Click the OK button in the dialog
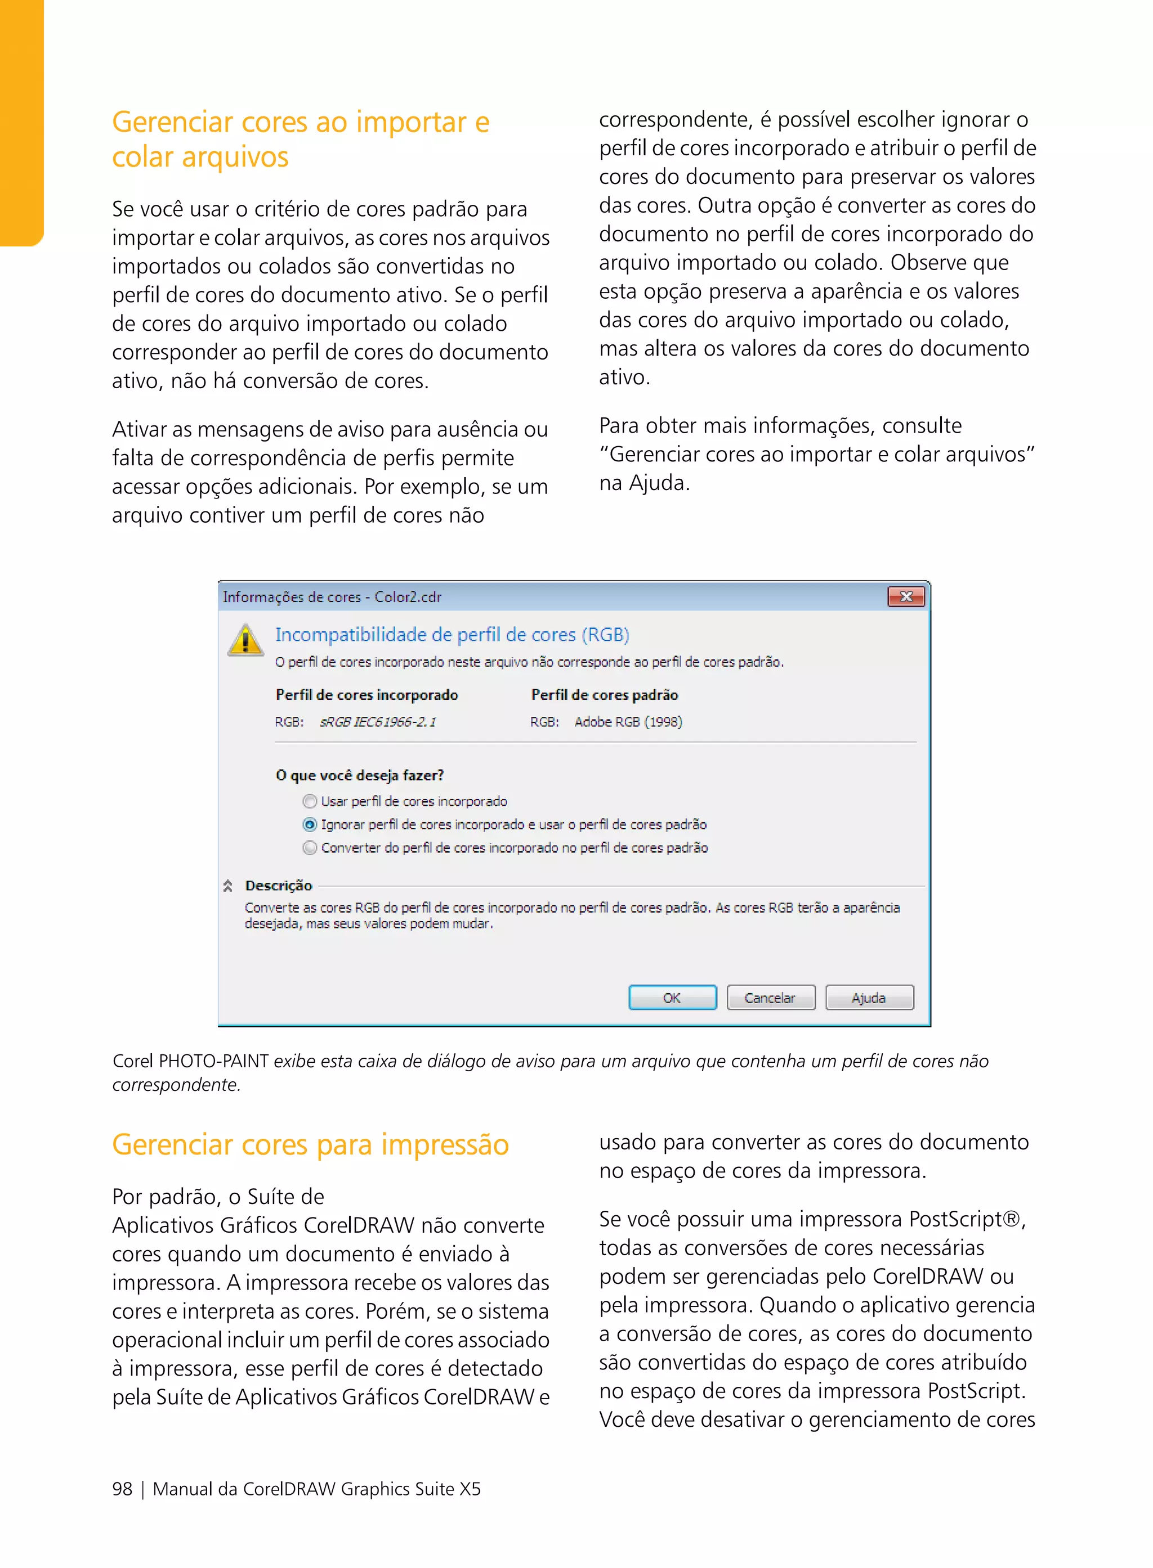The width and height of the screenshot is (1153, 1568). pos(672,998)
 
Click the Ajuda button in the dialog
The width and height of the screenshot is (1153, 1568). pos(869,998)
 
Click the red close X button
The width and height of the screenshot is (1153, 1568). pos(906,596)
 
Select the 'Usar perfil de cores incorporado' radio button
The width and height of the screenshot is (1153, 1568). pos(310,801)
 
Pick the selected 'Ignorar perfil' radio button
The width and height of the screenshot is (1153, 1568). pos(310,824)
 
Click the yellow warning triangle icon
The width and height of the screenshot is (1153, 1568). pos(245,640)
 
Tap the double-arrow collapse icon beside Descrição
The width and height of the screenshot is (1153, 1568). pos(227,886)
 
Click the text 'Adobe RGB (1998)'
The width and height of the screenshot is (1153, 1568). pos(628,722)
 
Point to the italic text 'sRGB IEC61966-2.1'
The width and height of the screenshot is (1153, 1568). pos(378,722)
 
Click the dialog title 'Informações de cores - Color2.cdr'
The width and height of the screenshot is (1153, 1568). pos(332,597)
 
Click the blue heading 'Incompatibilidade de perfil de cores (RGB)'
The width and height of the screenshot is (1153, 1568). pos(452,635)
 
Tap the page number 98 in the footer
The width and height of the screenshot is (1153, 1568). pos(122,1489)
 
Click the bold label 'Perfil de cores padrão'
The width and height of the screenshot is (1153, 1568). pos(605,695)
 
